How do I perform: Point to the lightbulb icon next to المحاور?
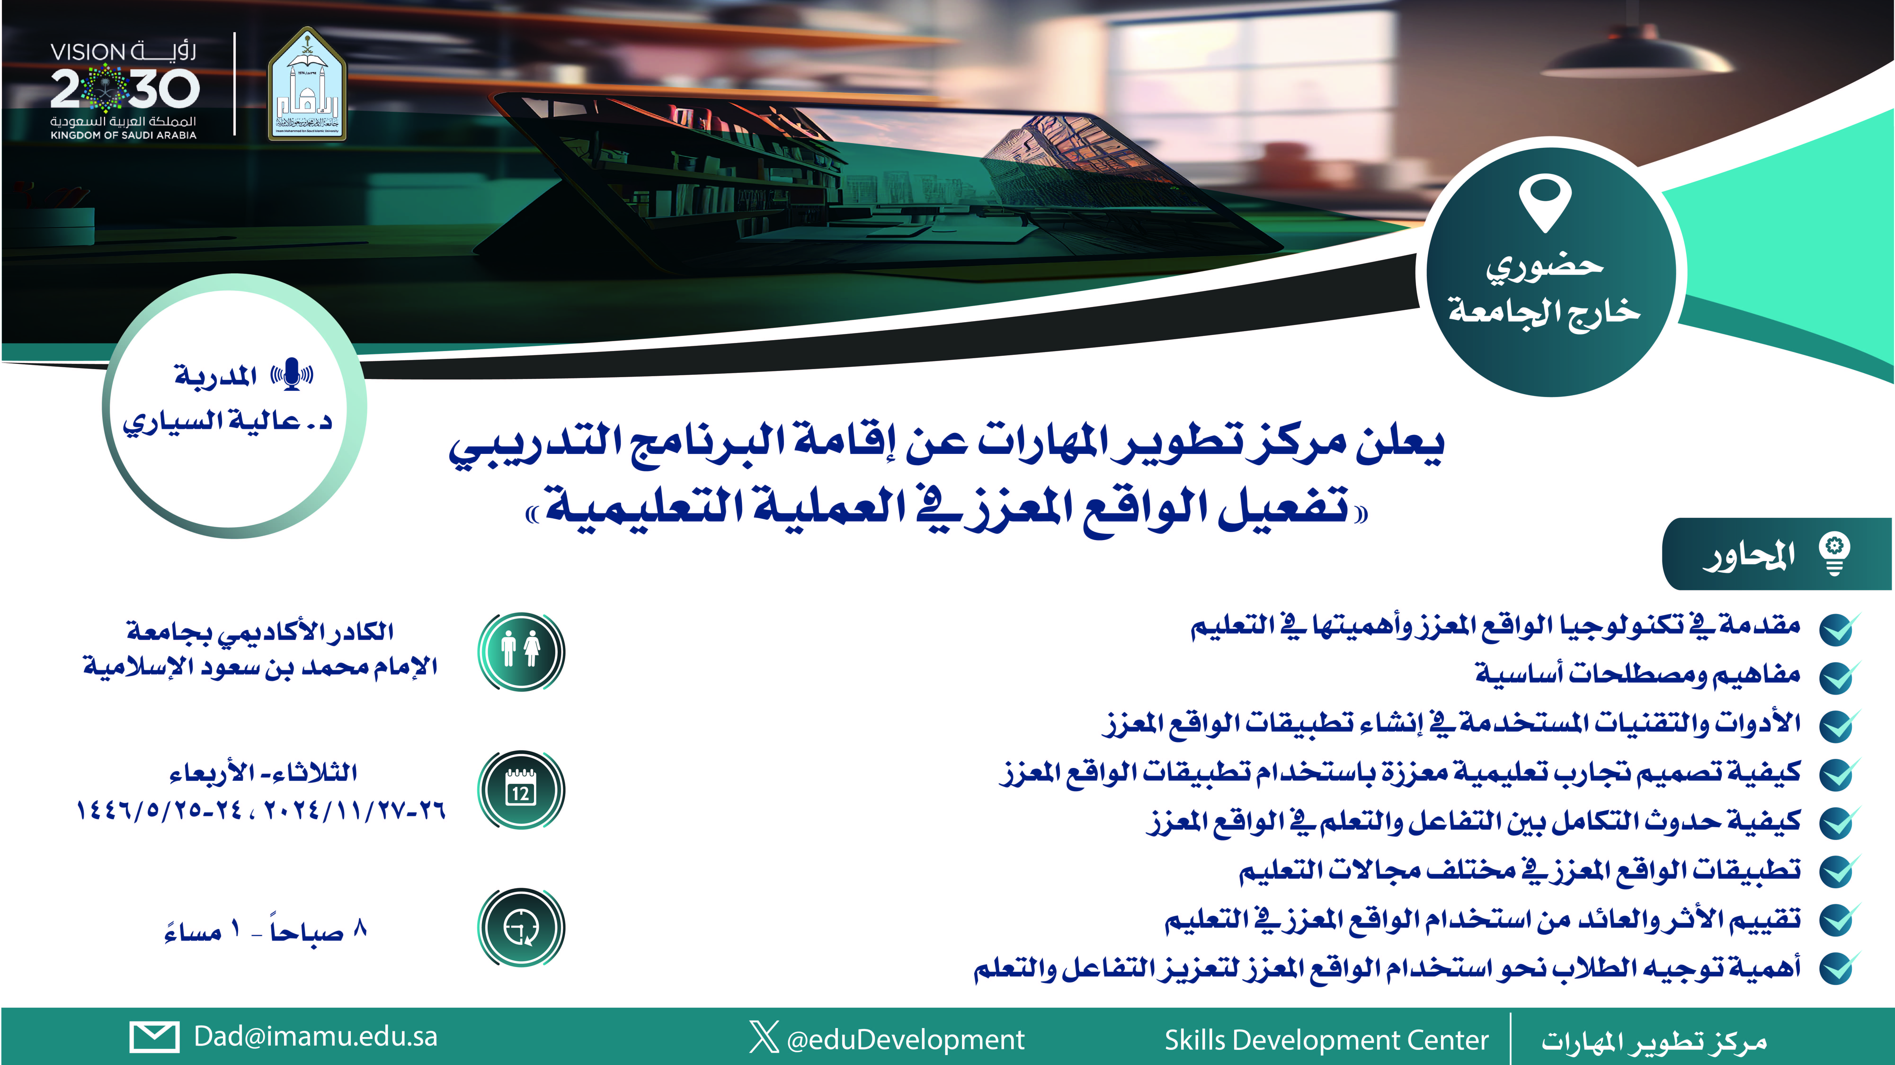tap(1835, 554)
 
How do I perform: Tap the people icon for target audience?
tap(521, 651)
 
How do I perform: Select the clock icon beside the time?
tap(521, 927)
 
